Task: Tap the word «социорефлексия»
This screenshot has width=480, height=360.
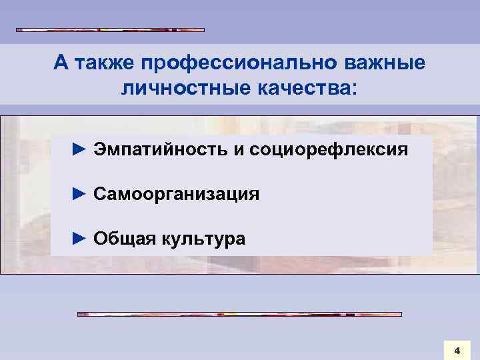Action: click(x=329, y=150)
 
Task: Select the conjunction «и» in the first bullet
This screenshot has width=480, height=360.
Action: click(x=238, y=151)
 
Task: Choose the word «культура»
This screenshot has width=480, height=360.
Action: click(x=202, y=239)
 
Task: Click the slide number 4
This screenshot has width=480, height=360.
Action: click(x=457, y=349)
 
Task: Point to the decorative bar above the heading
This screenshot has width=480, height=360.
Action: click(x=110, y=30)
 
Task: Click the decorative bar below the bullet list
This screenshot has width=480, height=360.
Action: click(x=240, y=313)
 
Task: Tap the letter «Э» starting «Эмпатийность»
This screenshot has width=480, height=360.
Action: click(x=100, y=149)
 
